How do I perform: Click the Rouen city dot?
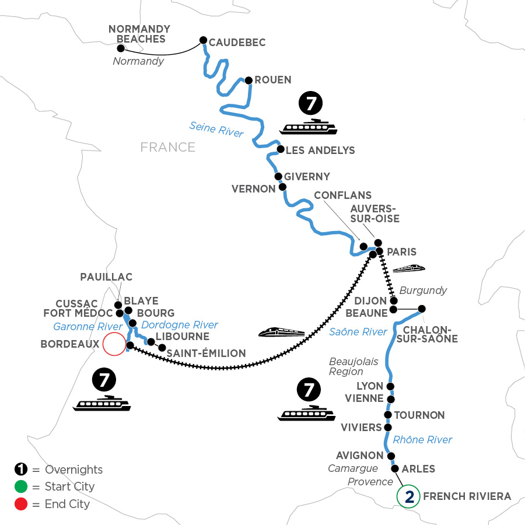click(x=249, y=80)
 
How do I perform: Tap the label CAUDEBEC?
click(x=237, y=43)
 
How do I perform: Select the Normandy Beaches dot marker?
click(x=121, y=48)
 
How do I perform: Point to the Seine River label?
click(x=216, y=129)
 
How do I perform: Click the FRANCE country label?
click(x=168, y=148)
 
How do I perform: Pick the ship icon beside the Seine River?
click(x=308, y=127)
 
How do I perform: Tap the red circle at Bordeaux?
click(x=114, y=344)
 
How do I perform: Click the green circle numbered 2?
click(x=408, y=496)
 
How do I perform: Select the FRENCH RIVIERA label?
click(x=467, y=496)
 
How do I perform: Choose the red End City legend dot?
click(x=21, y=504)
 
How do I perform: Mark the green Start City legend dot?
click(x=21, y=487)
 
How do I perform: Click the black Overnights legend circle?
click(x=21, y=469)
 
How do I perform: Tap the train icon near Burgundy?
click(x=409, y=268)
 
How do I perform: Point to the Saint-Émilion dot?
click(x=162, y=348)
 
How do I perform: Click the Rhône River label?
click(x=422, y=440)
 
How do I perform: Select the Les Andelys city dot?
click(x=281, y=149)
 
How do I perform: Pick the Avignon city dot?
click(x=391, y=456)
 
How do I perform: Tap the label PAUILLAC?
click(x=107, y=277)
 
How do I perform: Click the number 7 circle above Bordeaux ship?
click(x=104, y=380)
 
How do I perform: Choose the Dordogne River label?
click(x=180, y=325)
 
